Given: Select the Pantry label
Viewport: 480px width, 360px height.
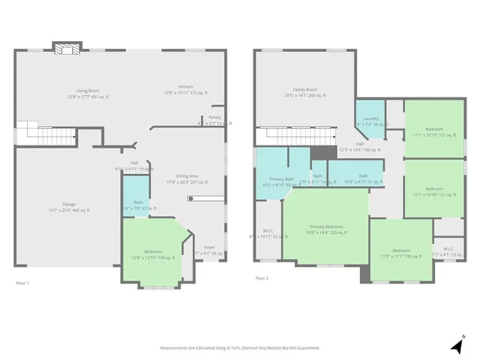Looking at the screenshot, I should [x=214, y=117].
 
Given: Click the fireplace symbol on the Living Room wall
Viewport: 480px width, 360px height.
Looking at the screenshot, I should [x=65, y=48].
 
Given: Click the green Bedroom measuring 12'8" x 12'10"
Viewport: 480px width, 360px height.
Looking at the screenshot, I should [x=152, y=253].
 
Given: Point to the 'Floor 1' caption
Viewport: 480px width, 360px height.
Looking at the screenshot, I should [x=23, y=283].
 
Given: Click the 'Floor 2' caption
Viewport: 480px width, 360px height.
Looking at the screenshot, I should [x=262, y=277].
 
